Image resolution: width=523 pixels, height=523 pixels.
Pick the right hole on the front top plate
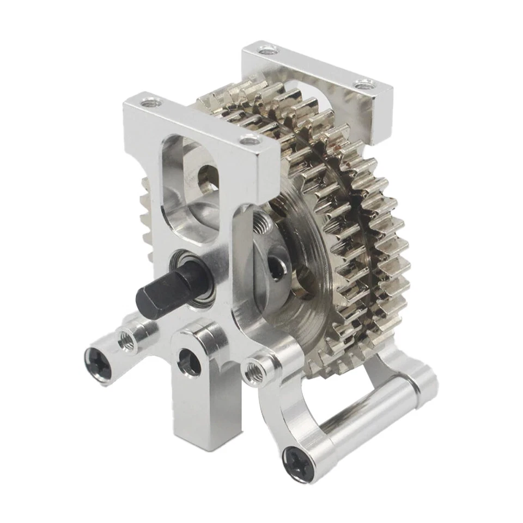(x=250, y=141)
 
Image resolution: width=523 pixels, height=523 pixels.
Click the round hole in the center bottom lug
(x=190, y=362)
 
